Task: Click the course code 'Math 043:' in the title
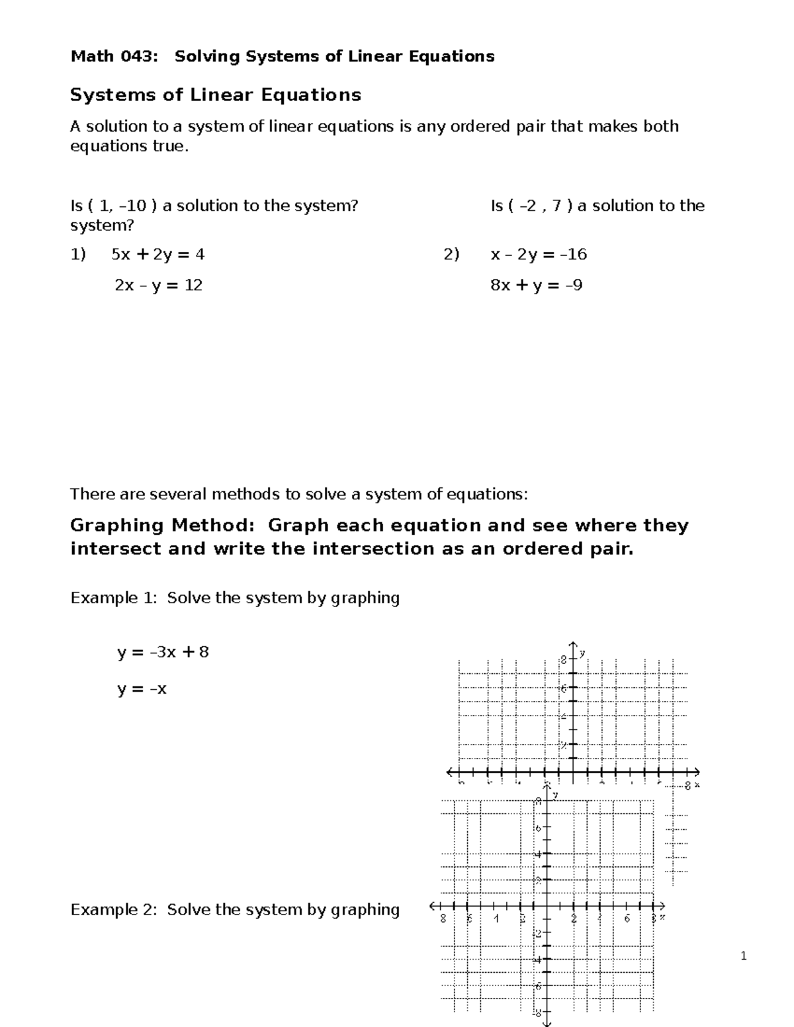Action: (x=114, y=57)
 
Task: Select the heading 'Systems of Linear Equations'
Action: (x=216, y=95)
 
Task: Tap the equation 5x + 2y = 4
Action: (x=158, y=255)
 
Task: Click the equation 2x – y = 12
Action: (x=158, y=286)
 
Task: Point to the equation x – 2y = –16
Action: (x=539, y=255)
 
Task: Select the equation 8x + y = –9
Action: (x=536, y=286)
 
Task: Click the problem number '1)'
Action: (x=78, y=255)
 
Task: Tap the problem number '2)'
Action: (x=451, y=255)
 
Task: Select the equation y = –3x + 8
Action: (x=163, y=653)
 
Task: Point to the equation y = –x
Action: (x=142, y=689)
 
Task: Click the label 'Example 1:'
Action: (x=114, y=598)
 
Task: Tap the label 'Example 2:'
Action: (x=114, y=910)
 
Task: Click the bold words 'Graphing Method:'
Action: (x=162, y=526)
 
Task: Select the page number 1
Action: (x=744, y=956)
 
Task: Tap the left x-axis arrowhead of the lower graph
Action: (x=434, y=905)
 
